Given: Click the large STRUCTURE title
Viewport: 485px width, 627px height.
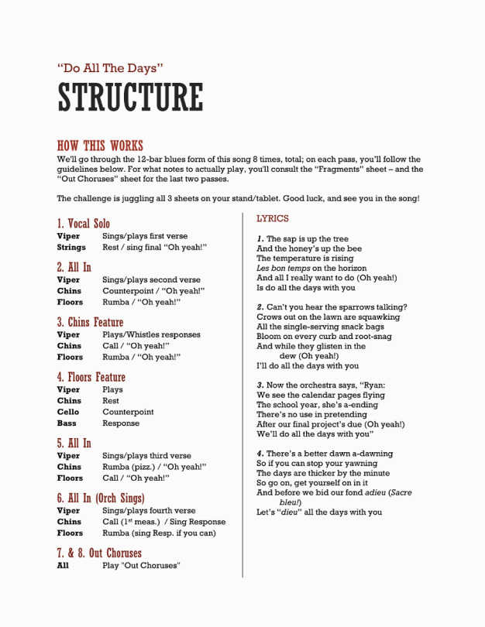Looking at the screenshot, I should pyautogui.click(x=130, y=98).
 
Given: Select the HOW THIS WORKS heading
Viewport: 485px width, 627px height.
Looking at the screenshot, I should pyautogui.click(x=100, y=146).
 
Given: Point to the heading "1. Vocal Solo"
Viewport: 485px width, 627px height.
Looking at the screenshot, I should pyautogui.click(x=84, y=224).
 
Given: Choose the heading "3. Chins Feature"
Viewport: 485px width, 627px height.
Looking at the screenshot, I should pyautogui.click(x=90, y=322).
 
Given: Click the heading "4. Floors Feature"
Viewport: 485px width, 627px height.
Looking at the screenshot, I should pyautogui.click(x=91, y=377).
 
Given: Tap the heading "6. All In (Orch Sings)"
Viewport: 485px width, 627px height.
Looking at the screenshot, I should pyautogui.click(x=101, y=498).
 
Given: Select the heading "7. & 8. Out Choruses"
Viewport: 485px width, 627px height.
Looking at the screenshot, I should pyautogui.click(x=99, y=553).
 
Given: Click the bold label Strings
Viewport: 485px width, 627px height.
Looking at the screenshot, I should pyautogui.click(x=71, y=248).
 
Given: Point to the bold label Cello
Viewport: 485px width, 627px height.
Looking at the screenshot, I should pyautogui.click(x=68, y=413).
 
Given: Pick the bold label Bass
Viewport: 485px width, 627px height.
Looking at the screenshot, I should pyautogui.click(x=67, y=423).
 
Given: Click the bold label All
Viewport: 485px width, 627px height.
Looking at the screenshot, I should pyautogui.click(x=63, y=566).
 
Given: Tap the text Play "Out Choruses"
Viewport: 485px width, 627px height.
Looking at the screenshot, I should pyautogui.click(x=141, y=566).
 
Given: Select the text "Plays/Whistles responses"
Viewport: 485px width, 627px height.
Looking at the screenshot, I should pyautogui.click(x=151, y=335).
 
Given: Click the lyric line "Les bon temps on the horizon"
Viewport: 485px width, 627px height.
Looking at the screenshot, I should pyautogui.click(x=311, y=269).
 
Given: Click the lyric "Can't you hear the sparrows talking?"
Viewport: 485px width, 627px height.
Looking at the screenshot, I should pyautogui.click(x=336, y=307).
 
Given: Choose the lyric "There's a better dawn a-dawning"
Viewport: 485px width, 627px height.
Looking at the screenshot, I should pyautogui.click(x=329, y=454).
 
